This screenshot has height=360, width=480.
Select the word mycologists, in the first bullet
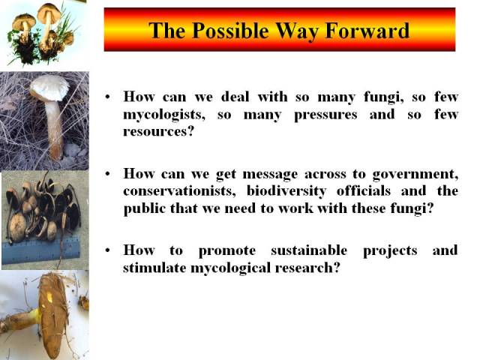[164, 115]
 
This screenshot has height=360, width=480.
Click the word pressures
[325, 115]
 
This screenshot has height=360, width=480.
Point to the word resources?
[159, 132]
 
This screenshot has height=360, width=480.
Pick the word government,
[415, 174]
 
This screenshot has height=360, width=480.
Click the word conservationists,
[179, 190]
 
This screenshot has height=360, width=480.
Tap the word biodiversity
[286, 191]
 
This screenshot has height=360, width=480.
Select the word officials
[363, 190]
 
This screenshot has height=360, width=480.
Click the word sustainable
[309, 250]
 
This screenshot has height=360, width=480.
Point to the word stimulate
[154, 268]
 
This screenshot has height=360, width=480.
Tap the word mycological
[231, 268]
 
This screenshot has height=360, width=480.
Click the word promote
[227, 251]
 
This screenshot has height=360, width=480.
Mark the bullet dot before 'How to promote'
[107, 250]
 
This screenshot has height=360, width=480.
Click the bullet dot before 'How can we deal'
[107, 97]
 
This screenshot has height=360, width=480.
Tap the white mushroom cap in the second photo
[49, 87]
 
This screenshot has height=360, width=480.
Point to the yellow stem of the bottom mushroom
[34, 316]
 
